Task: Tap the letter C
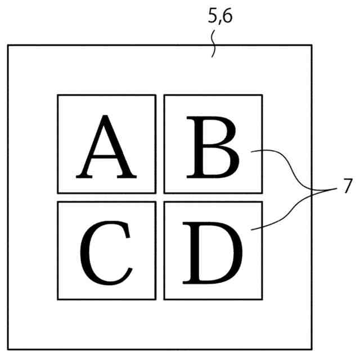click(x=106, y=253)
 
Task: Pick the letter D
click(x=212, y=253)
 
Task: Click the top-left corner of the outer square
click(x=8, y=46)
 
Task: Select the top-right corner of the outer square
click(x=311, y=46)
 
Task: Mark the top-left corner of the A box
click(x=58, y=95)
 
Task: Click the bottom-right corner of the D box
click(x=262, y=299)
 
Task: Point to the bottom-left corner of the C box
click(x=58, y=299)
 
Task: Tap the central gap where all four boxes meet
click(x=160, y=197)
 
